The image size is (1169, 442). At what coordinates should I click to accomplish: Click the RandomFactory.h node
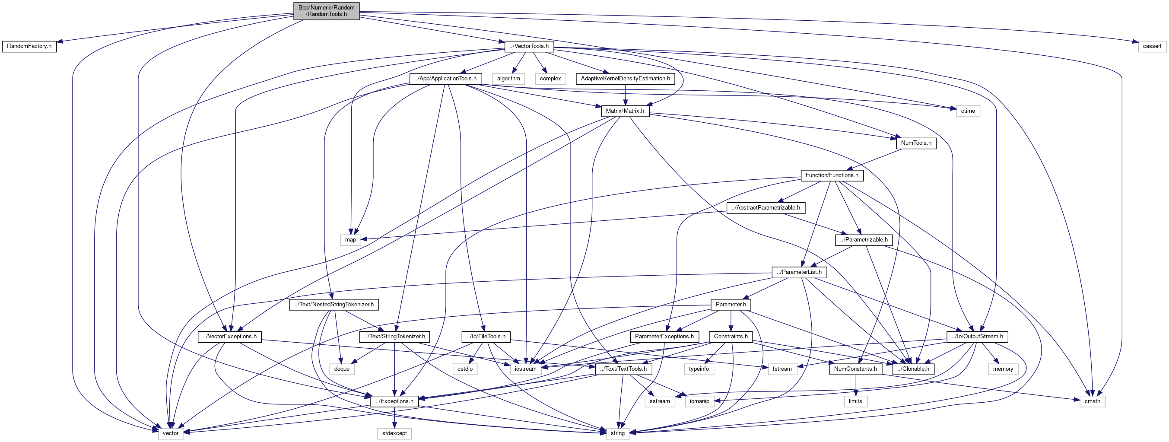point(29,46)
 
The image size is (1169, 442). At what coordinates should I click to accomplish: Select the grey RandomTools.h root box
point(326,11)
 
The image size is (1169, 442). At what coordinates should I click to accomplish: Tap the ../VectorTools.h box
point(529,46)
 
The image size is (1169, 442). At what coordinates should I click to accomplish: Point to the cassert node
point(1152,46)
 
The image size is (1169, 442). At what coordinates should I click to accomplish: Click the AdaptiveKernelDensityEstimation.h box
point(626,79)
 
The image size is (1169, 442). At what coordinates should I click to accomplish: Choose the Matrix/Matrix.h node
point(625,111)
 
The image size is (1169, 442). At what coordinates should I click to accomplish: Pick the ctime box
point(968,111)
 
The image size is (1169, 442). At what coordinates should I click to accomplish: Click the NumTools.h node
point(916,143)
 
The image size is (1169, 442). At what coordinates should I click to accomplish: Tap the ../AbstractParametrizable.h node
point(766,208)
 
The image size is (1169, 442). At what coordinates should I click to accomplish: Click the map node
point(350,240)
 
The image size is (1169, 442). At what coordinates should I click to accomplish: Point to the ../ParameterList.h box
point(799,272)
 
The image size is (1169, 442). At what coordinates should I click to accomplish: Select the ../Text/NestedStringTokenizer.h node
point(334,305)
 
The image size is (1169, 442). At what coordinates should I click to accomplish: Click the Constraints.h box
point(731,337)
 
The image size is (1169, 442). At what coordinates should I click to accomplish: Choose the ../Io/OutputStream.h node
point(978,337)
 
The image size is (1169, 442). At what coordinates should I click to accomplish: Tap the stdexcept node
point(394,433)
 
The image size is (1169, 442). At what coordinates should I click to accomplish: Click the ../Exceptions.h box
point(394,401)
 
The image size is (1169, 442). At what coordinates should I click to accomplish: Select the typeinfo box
point(699,369)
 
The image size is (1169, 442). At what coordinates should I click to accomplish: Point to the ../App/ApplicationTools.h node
point(445,79)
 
